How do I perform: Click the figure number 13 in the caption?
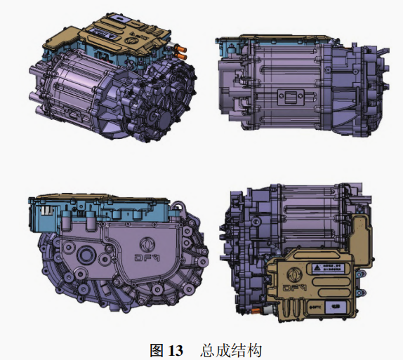[x=175, y=349]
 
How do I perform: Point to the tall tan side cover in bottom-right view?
[x=360, y=239]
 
